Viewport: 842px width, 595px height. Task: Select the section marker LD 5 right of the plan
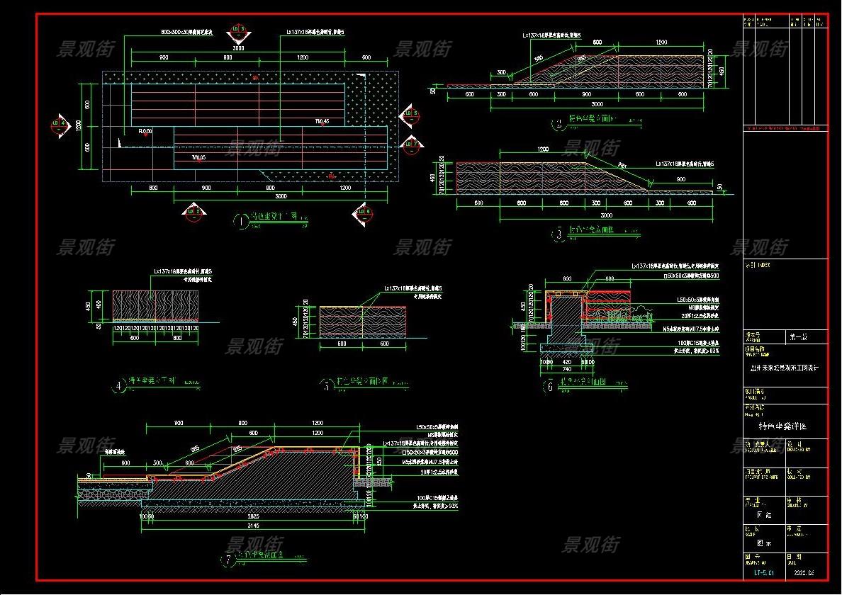click(409, 115)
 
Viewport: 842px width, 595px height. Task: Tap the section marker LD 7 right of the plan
click(410, 145)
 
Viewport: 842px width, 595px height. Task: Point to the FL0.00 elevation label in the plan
click(147, 131)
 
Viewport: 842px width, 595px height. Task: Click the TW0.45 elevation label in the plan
click(322, 121)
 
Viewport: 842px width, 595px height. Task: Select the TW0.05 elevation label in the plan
click(198, 157)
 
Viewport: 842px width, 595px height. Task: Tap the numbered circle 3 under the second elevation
click(559, 232)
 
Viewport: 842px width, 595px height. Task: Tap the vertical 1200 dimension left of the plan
click(80, 125)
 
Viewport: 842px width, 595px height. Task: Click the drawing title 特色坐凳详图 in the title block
click(783, 428)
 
